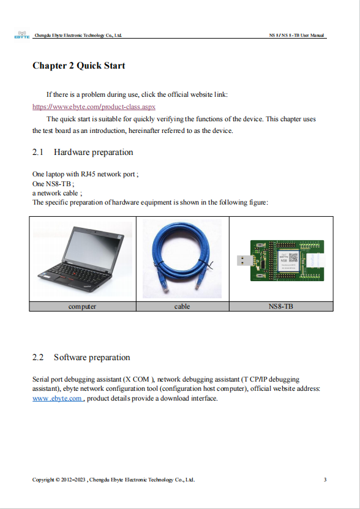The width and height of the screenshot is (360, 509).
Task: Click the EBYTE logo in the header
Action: click(x=22, y=35)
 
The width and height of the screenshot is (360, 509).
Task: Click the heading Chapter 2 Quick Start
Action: click(x=78, y=66)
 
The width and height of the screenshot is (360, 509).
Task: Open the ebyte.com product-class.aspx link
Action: click(x=94, y=107)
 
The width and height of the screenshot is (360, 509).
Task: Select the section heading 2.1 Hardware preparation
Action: click(x=83, y=152)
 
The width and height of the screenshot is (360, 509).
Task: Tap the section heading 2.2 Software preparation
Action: click(x=81, y=357)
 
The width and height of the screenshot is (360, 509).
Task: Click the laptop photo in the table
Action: click(x=83, y=258)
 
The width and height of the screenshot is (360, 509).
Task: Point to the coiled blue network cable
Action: click(x=182, y=258)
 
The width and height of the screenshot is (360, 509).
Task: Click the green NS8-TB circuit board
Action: click(x=287, y=260)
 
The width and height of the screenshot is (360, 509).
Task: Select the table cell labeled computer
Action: click(x=83, y=306)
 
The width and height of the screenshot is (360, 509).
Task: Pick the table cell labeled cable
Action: click(x=182, y=306)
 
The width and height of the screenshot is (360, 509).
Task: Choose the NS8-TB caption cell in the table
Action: click(x=281, y=306)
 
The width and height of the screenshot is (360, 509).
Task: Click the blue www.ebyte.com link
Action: click(x=58, y=398)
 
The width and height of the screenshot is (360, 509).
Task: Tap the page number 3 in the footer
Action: click(x=325, y=480)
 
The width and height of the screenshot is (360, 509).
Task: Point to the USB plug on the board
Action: click(x=244, y=260)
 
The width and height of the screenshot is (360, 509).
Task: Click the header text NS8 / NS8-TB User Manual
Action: click(x=296, y=35)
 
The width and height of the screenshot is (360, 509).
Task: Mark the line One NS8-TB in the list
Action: click(x=53, y=184)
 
